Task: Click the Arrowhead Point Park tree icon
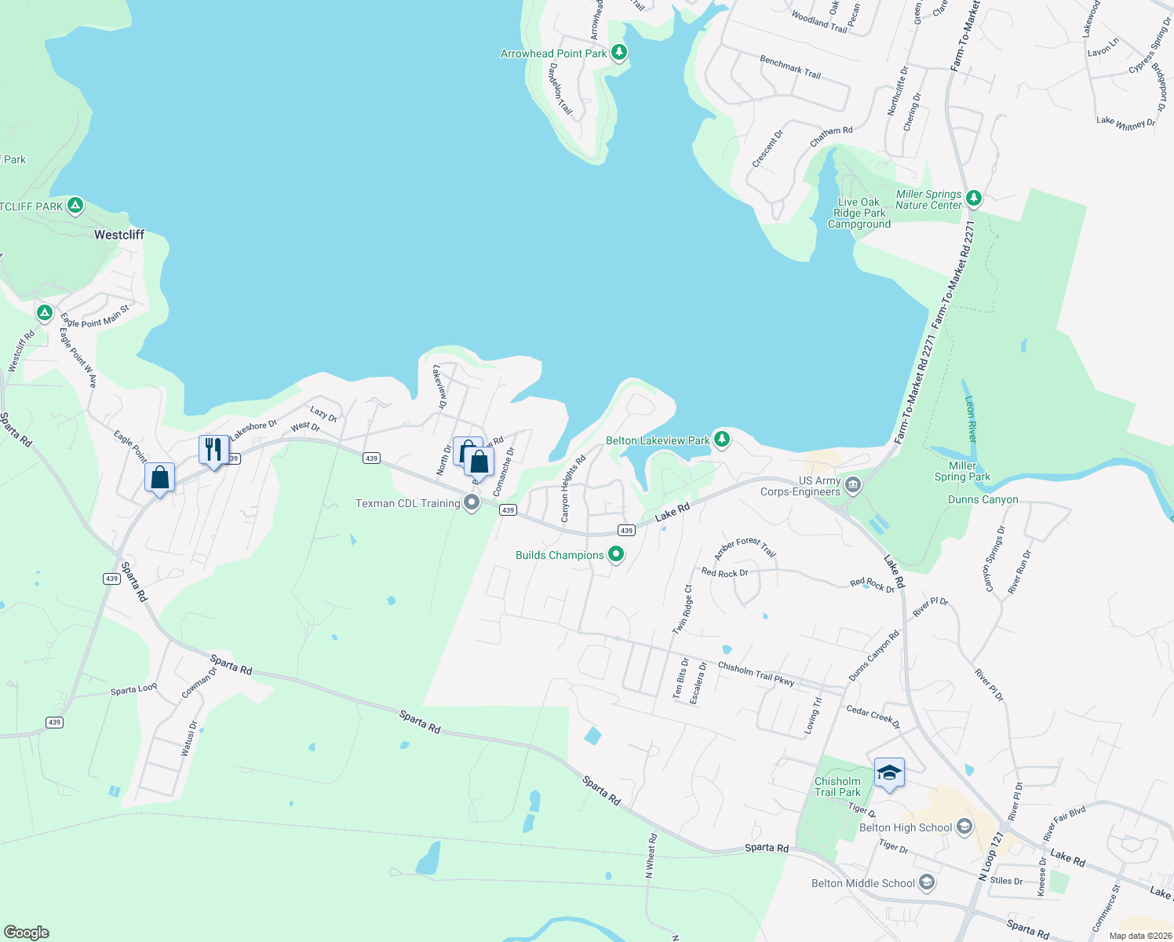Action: [x=619, y=53]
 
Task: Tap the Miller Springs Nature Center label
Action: [x=928, y=199]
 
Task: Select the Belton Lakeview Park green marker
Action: [x=721, y=440]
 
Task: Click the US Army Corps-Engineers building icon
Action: [x=853, y=485]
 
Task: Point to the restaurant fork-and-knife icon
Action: [x=213, y=450]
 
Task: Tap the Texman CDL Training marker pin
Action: [x=472, y=502]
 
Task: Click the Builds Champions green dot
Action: [x=616, y=555]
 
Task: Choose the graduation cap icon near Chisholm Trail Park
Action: [x=889, y=773]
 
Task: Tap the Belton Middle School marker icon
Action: [x=926, y=883]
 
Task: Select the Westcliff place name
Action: [x=119, y=235]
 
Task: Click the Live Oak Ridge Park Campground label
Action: [x=859, y=213]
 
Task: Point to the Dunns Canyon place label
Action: [x=983, y=499]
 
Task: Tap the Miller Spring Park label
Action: [x=962, y=471]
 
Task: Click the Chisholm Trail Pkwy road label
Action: [x=756, y=673]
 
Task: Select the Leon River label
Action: [x=971, y=418]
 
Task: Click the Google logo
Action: [x=27, y=932]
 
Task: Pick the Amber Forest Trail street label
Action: [x=745, y=547]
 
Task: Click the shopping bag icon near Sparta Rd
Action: [x=159, y=477]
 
